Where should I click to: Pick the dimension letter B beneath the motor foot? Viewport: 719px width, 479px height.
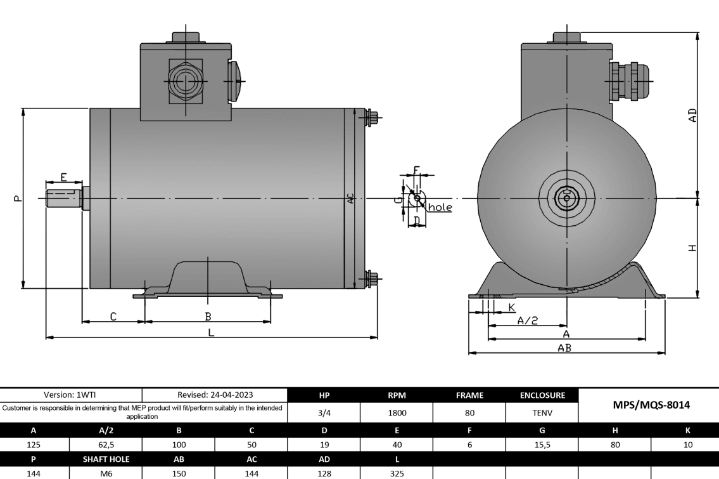click(x=207, y=316)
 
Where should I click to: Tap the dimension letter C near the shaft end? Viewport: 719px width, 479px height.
click(x=113, y=316)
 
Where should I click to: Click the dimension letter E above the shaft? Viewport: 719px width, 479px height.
click(x=63, y=176)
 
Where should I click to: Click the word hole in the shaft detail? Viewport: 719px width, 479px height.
click(x=440, y=207)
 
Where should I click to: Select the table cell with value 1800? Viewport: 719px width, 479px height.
click(x=396, y=412)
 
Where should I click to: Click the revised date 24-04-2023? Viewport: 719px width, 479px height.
click(x=215, y=394)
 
